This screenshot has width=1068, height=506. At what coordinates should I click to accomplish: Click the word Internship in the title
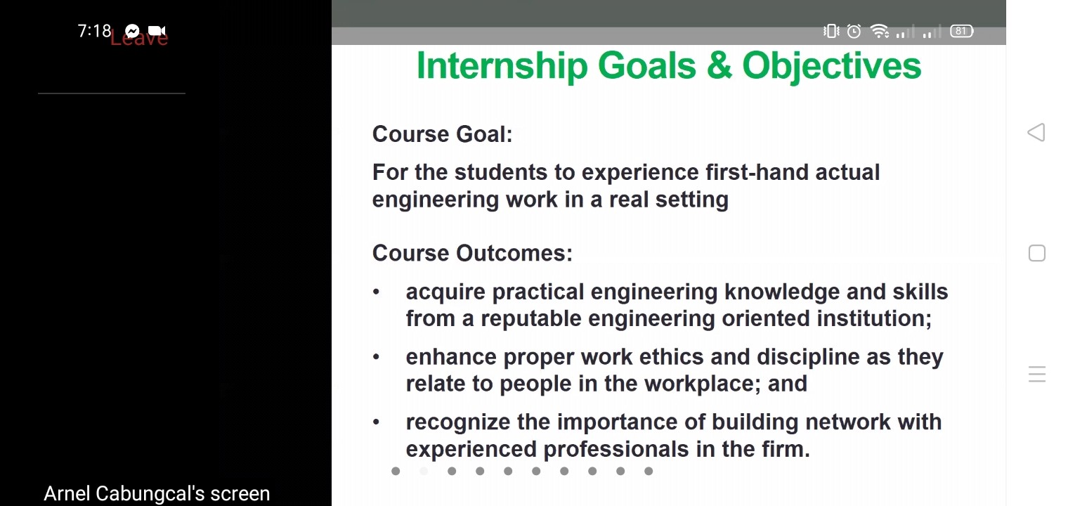502,66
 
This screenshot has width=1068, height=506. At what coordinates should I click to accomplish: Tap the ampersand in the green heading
719,66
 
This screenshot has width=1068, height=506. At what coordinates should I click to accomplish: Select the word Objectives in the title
832,66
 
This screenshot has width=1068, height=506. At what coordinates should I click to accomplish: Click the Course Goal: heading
443,134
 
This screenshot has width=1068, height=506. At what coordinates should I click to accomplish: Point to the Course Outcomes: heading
472,253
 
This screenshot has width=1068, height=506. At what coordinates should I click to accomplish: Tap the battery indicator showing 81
961,32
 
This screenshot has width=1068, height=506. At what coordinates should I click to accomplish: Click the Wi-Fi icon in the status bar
879,31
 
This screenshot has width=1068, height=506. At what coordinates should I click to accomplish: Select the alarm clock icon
854,32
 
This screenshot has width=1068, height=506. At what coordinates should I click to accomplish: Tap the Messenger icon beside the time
132,31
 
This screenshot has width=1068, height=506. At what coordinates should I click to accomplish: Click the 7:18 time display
94,31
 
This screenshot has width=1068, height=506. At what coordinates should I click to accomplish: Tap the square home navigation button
1037,253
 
